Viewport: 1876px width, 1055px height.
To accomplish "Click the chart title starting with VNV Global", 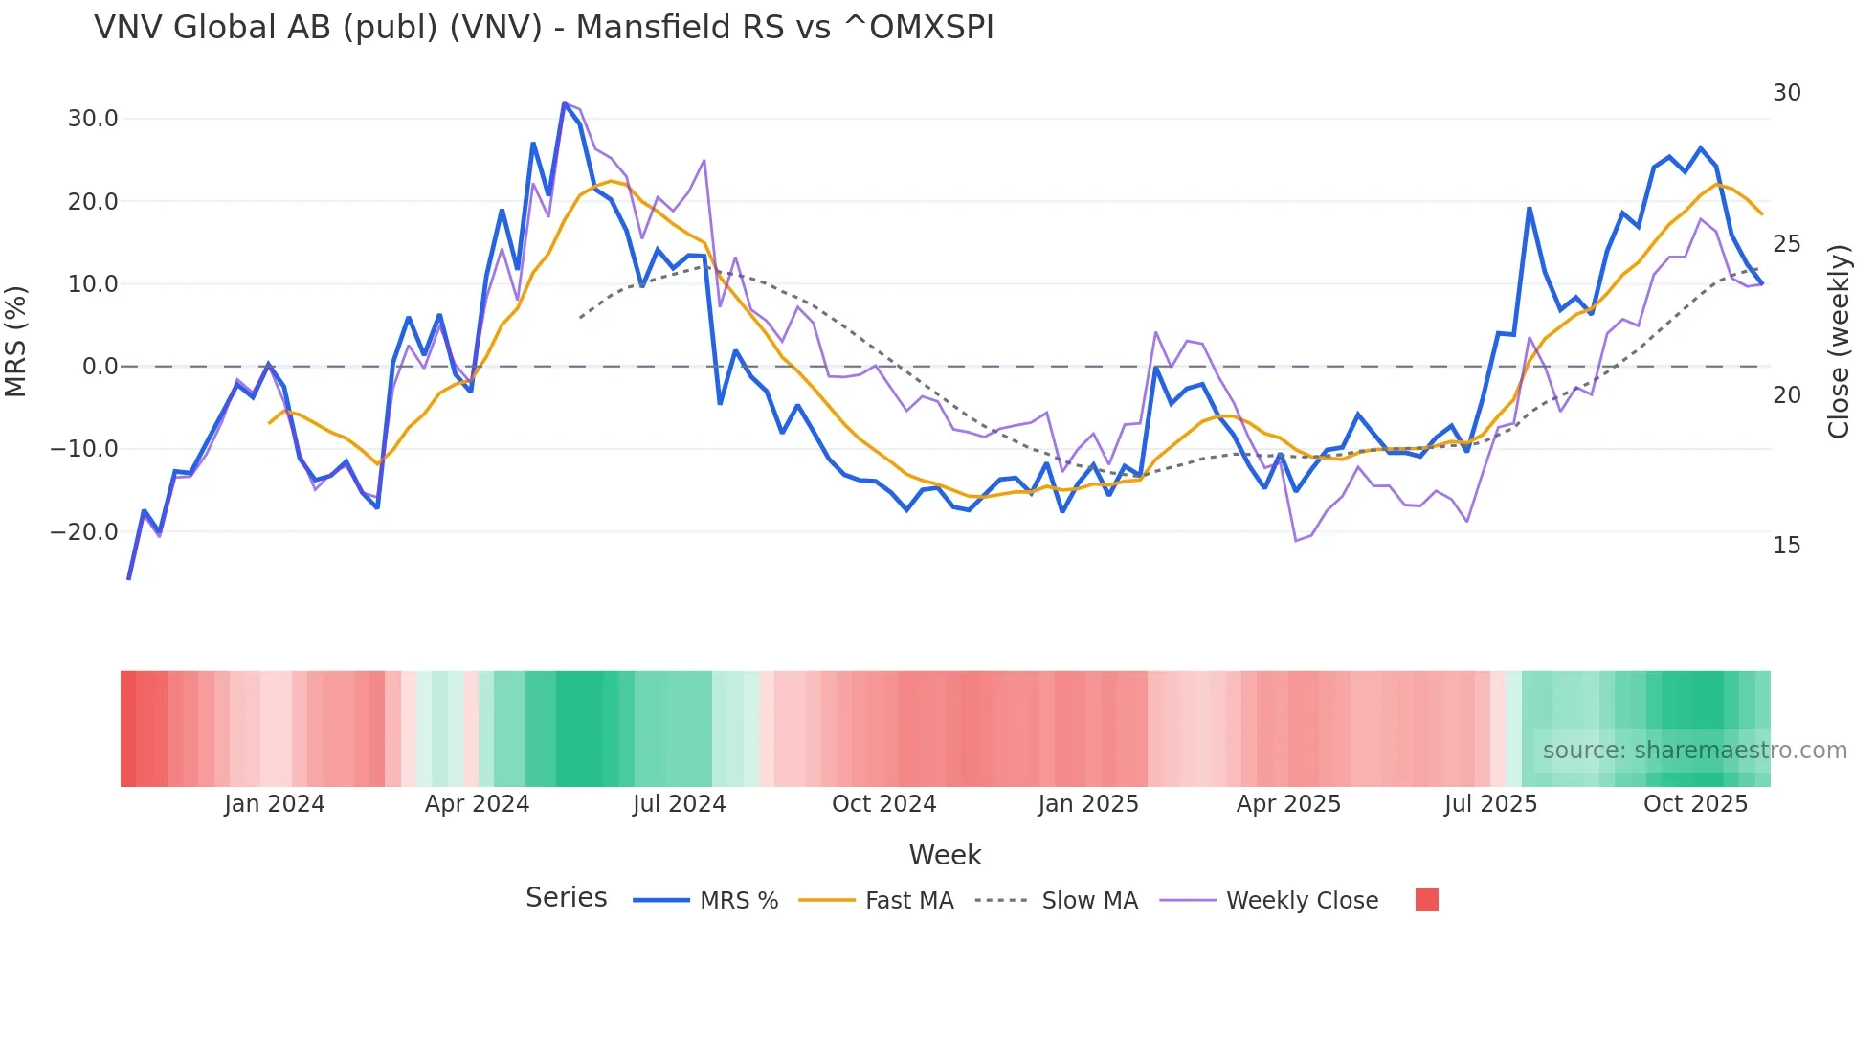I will click(x=544, y=28).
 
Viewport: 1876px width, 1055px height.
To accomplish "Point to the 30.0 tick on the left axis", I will click(x=93, y=119).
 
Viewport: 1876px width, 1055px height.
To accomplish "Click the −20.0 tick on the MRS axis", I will click(x=85, y=531).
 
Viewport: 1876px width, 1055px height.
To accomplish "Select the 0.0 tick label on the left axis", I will click(x=100, y=367).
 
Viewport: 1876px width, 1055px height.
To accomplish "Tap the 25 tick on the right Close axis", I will click(x=1786, y=244).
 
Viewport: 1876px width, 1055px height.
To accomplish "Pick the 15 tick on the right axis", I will click(x=1786, y=546).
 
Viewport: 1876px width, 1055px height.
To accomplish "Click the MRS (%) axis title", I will click(x=16, y=341).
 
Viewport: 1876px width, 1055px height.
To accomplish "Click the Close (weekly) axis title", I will click(x=1838, y=341).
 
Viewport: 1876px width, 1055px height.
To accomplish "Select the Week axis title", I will click(x=945, y=855).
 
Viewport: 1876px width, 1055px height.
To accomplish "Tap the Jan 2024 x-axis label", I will click(x=275, y=804).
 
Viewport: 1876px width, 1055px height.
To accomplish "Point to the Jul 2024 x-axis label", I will click(x=679, y=804).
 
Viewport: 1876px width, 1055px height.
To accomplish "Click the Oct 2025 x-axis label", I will click(x=1695, y=804).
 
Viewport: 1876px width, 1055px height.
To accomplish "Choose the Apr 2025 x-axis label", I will click(x=1288, y=804).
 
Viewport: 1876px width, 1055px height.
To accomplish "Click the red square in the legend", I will click(x=1426, y=900).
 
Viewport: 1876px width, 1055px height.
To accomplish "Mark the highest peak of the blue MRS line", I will click(x=565, y=103).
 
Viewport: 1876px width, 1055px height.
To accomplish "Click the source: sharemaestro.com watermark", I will click(x=1694, y=751).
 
